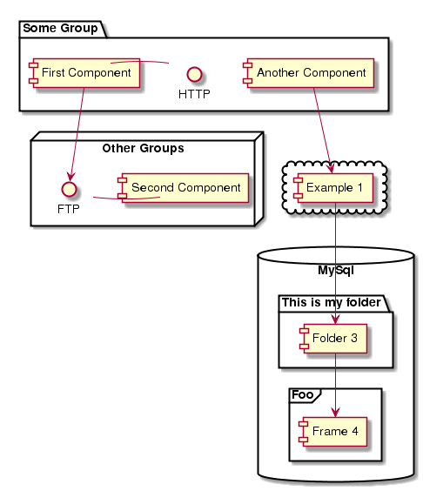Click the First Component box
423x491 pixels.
[x=84, y=73]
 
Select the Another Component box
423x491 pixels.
[x=308, y=73]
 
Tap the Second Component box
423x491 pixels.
[x=183, y=188]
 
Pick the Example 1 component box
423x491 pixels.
[x=333, y=188]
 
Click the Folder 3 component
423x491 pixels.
[x=333, y=339]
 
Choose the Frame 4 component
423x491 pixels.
[x=332, y=432]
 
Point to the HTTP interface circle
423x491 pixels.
[x=194, y=75]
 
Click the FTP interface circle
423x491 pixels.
[x=69, y=189]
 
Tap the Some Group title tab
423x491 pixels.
[x=63, y=29]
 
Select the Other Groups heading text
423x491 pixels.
[x=143, y=148]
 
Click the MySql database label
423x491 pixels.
[x=336, y=270]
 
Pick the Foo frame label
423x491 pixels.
[x=303, y=394]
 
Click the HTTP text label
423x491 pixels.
[x=194, y=94]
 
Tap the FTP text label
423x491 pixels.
[x=69, y=209]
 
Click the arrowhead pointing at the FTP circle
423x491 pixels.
[x=71, y=177]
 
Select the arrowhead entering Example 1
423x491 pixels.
[x=331, y=168]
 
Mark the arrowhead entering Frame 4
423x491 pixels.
[x=335, y=412]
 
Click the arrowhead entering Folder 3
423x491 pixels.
[x=335, y=319]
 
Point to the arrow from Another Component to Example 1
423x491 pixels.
[x=323, y=131]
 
